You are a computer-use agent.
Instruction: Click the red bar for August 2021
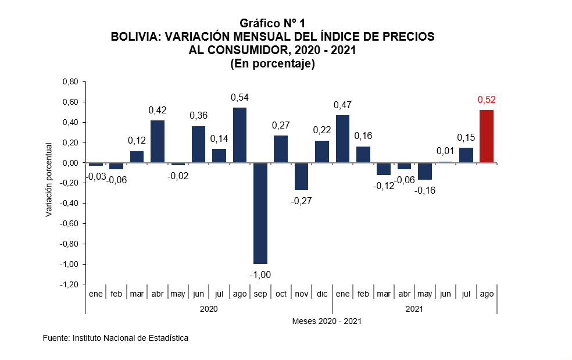(486, 136)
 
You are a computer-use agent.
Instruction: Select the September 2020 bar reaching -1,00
(260, 213)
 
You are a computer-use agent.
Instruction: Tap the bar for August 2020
(239, 135)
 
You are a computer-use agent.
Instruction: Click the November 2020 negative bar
(301, 176)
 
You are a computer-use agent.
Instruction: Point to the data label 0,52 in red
(487, 100)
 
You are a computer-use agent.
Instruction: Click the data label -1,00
(260, 275)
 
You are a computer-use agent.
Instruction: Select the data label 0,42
(158, 110)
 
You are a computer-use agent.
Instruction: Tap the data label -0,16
(425, 190)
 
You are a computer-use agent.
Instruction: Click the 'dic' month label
(321, 294)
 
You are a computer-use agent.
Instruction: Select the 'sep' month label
(260, 294)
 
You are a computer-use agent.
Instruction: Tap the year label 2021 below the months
(414, 309)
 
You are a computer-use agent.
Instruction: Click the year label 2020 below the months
(209, 309)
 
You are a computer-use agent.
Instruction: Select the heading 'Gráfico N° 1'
(273, 23)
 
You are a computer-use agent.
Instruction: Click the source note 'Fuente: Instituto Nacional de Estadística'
(116, 338)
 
